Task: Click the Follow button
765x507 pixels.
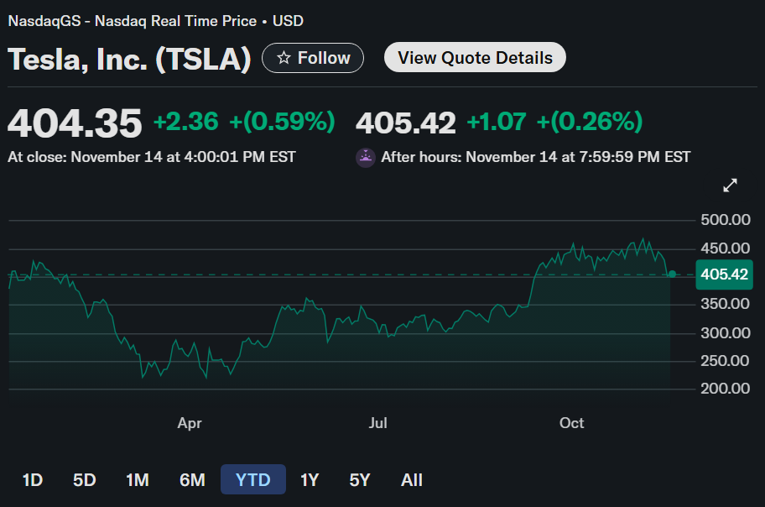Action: pyautogui.click(x=313, y=58)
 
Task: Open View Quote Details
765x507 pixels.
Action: pyautogui.click(x=475, y=58)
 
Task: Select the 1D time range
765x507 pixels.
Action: pyautogui.click(x=32, y=480)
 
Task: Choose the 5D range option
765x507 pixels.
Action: pyautogui.click(x=84, y=480)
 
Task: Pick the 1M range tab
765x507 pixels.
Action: pyautogui.click(x=138, y=480)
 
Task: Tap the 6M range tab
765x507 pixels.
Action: pyautogui.click(x=192, y=480)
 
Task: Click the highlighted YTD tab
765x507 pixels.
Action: pyautogui.click(x=252, y=480)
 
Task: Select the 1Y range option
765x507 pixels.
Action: pyautogui.click(x=310, y=480)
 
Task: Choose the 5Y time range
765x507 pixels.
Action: pyautogui.click(x=360, y=480)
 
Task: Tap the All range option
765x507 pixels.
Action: pyautogui.click(x=412, y=480)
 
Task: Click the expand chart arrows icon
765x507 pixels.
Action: pyautogui.click(x=731, y=185)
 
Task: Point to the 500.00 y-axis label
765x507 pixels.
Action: pyautogui.click(x=725, y=221)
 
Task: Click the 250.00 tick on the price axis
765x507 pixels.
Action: pyautogui.click(x=725, y=361)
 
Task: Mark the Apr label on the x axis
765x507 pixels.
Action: pyautogui.click(x=190, y=423)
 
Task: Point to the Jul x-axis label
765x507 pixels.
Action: pyautogui.click(x=378, y=423)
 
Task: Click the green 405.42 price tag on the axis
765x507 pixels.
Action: pyautogui.click(x=725, y=274)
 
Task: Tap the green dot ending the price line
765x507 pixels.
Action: pyautogui.click(x=672, y=274)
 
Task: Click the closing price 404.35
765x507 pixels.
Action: pyautogui.click(x=75, y=123)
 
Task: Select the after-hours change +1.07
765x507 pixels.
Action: pyautogui.click(x=497, y=123)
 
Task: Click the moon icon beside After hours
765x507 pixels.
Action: pyautogui.click(x=366, y=157)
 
